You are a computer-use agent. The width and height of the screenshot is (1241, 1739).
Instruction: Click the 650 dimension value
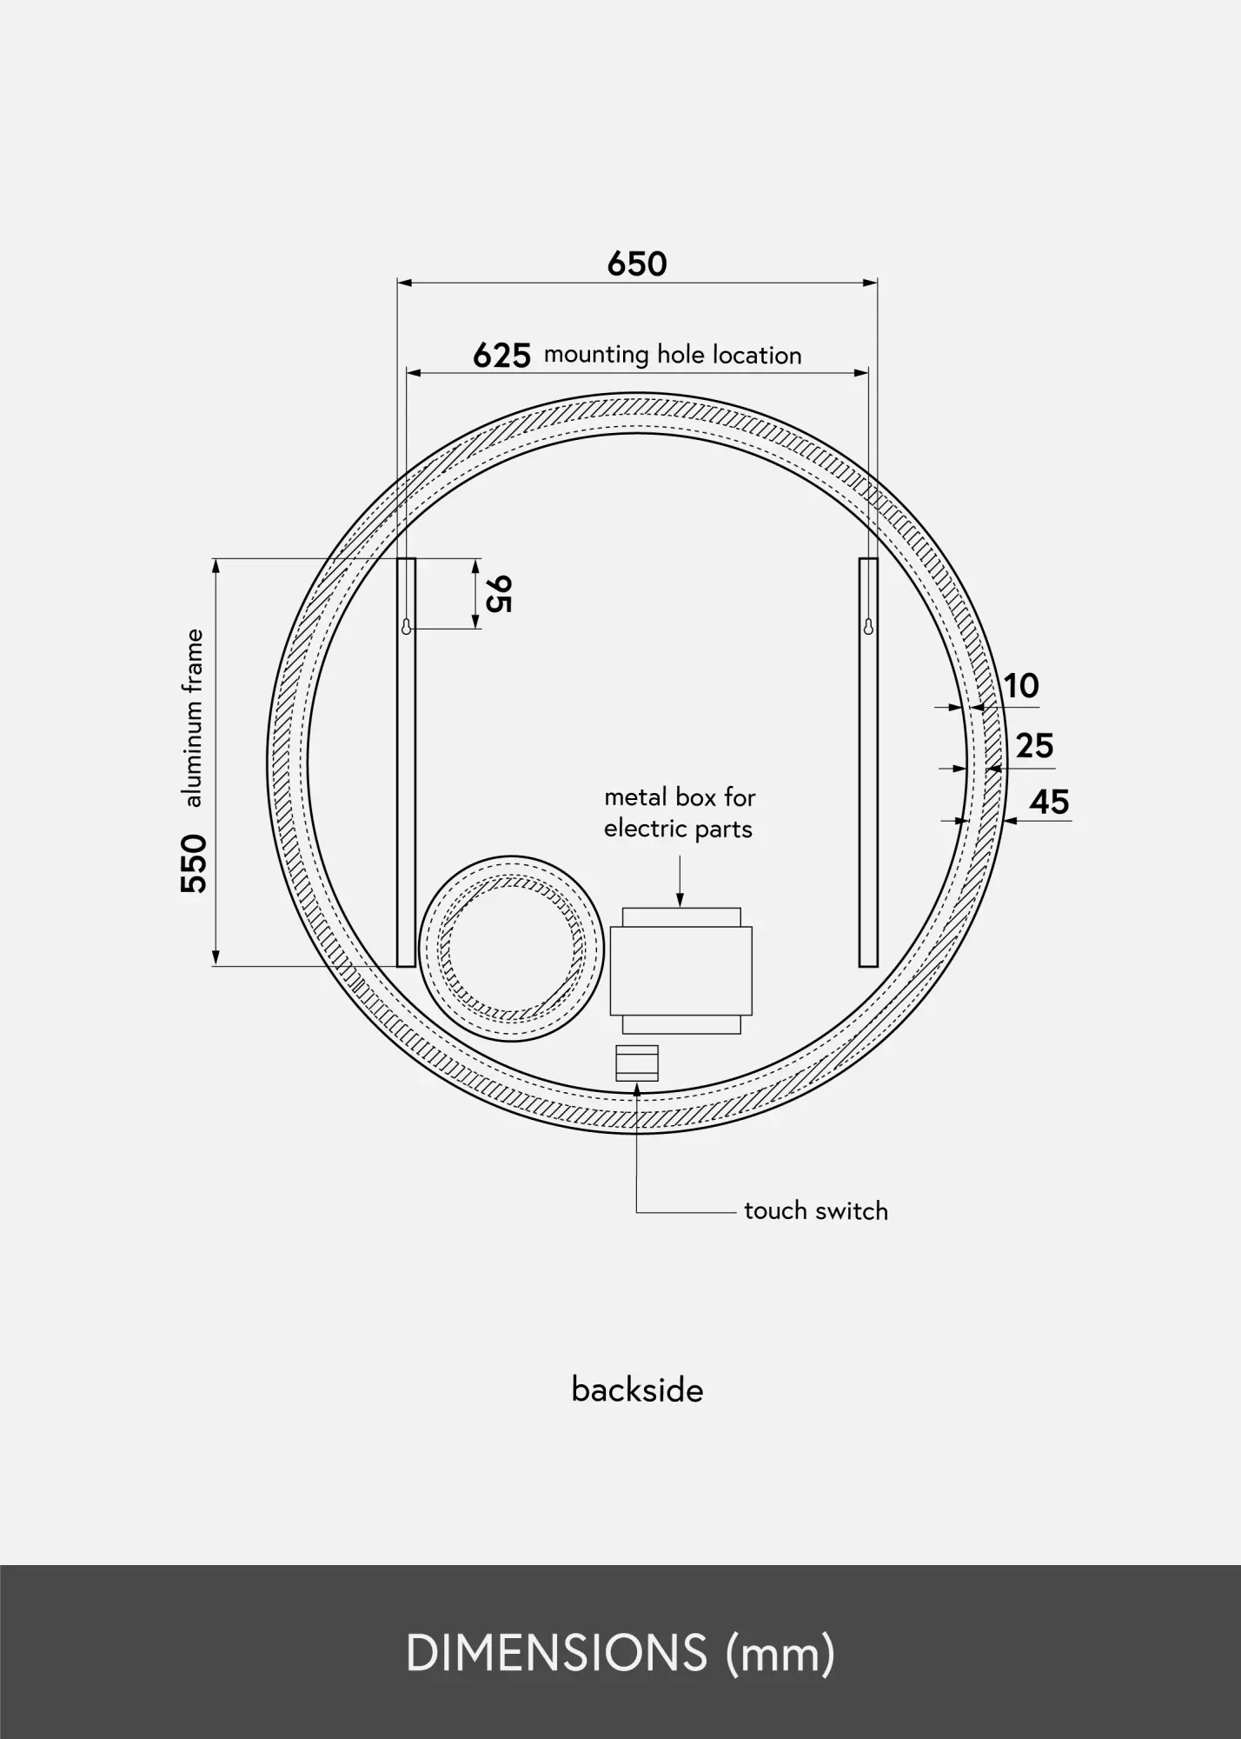pos(637,263)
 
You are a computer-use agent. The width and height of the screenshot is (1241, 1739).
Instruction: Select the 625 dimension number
pos(501,356)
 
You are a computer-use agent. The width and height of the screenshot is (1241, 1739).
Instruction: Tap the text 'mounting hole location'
pos(673,355)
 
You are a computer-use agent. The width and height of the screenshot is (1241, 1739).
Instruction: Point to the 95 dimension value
pos(499,594)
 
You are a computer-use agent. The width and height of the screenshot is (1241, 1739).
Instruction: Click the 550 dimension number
pos(195,863)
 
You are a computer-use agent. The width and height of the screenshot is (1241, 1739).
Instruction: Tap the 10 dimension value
pos(1022,686)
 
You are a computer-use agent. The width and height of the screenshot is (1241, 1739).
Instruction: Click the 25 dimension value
pos(1034,746)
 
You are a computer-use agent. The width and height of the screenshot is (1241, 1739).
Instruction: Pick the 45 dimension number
pos(1049,802)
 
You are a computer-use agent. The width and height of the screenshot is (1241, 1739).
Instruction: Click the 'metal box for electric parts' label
pos(680,813)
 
